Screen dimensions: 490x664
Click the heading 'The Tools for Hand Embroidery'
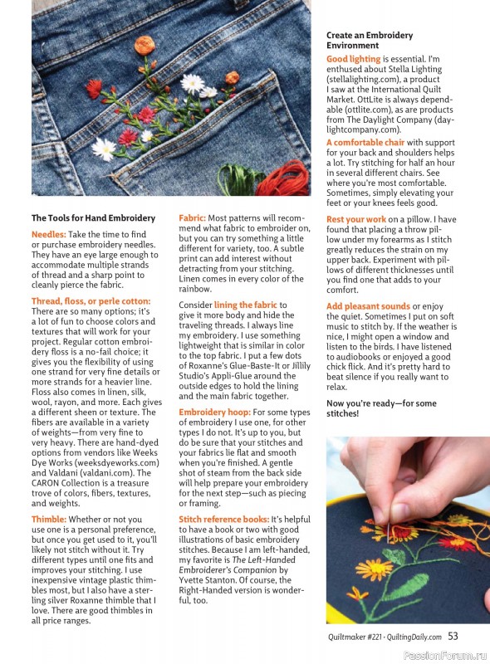tap(93, 218)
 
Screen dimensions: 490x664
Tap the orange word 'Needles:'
tap(49, 234)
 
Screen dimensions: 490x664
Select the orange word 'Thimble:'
tap(49, 520)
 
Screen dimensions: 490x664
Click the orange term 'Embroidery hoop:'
tap(214, 413)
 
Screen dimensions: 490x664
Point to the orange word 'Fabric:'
tap(192, 218)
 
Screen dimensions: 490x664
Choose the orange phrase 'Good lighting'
tap(354, 59)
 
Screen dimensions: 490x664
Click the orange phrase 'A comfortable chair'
tap(365, 143)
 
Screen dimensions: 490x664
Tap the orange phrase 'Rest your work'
tap(356, 219)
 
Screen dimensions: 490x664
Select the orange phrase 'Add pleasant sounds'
tap(368, 306)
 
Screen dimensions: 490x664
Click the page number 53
tap(453, 636)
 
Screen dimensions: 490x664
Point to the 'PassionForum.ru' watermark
tap(445, 656)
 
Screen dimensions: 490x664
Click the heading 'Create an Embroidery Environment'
tap(370, 40)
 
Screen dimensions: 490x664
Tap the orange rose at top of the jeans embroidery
tap(145, 45)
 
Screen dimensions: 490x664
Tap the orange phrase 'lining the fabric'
tap(246, 305)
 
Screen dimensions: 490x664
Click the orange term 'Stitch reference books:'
tap(223, 520)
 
